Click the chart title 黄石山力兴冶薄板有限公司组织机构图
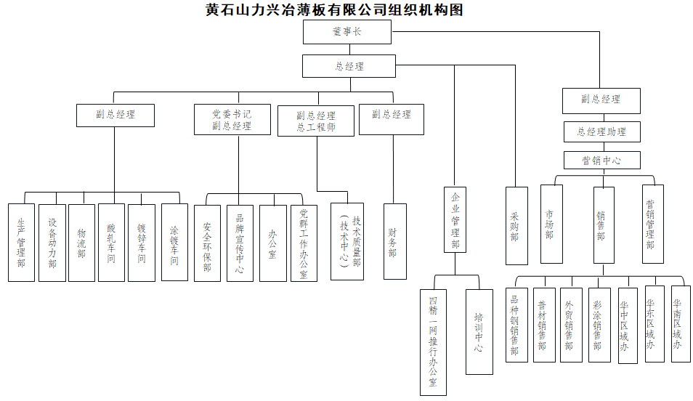(x=334, y=10)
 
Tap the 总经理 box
(x=349, y=66)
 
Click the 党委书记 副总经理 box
(x=232, y=120)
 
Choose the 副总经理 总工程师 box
(x=316, y=121)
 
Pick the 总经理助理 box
(x=601, y=132)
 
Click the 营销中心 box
(x=601, y=160)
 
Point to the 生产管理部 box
(x=21, y=243)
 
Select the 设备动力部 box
(x=52, y=243)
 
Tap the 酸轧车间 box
(x=111, y=243)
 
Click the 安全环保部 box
(x=207, y=243)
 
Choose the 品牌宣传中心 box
(x=240, y=243)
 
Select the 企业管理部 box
(x=455, y=219)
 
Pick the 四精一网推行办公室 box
(x=434, y=342)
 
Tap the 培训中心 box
(x=479, y=333)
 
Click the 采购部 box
(x=515, y=226)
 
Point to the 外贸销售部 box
(x=571, y=325)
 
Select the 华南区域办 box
(x=676, y=324)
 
